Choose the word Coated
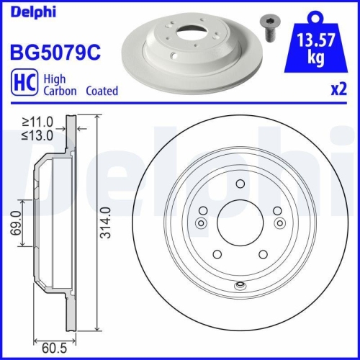click(102, 91)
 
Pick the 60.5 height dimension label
click(49, 344)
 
